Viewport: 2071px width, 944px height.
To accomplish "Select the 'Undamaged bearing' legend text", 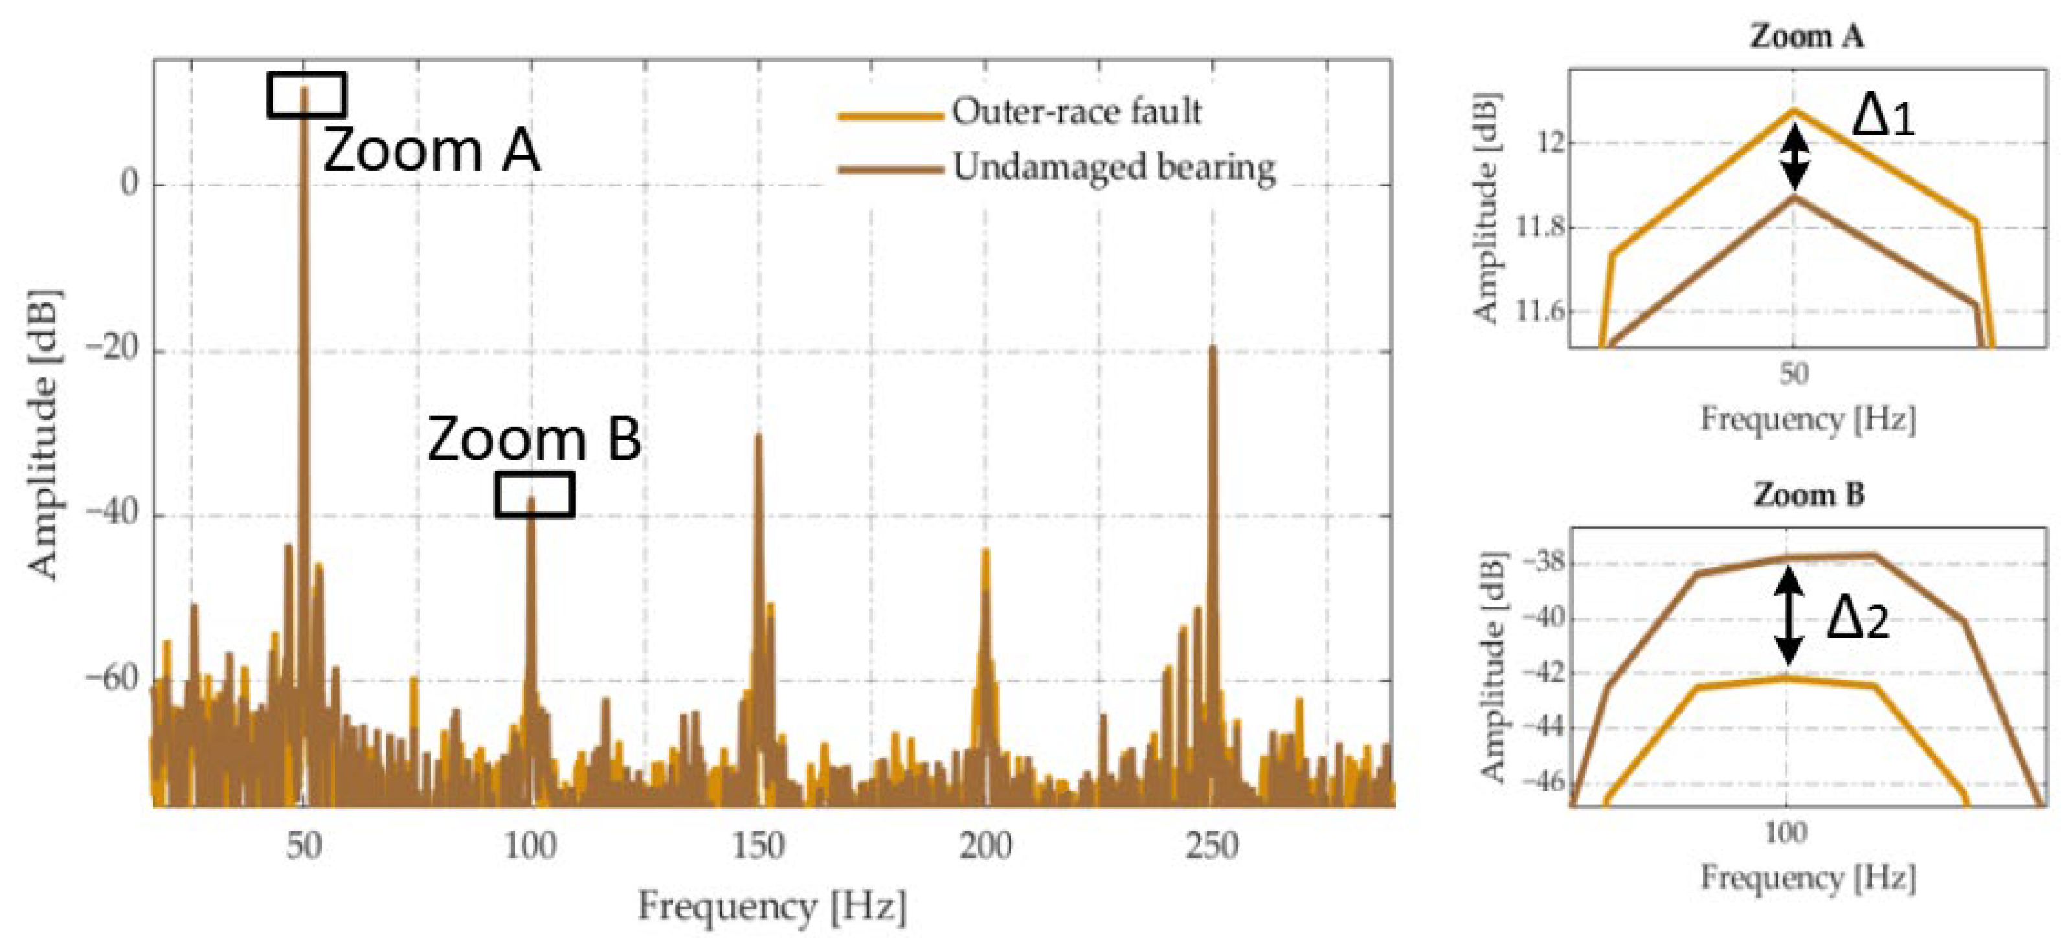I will point(1114,168).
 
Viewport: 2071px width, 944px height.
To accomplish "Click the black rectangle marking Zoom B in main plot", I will point(534,494).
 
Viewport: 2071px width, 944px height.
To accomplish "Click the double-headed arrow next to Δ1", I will point(1795,157).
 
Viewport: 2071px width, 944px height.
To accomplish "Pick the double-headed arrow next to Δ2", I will point(1788,615).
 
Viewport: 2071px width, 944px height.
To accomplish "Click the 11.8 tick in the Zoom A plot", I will point(1539,227).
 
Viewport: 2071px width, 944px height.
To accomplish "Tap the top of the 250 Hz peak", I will point(1213,348).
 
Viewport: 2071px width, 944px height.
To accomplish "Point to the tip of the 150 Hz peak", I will point(758,436).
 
